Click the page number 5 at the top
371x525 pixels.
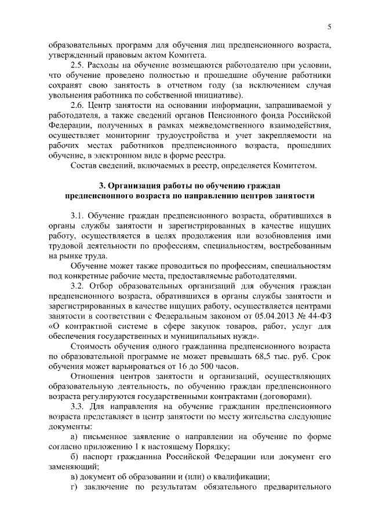click(328, 26)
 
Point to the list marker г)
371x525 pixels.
click(73, 486)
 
